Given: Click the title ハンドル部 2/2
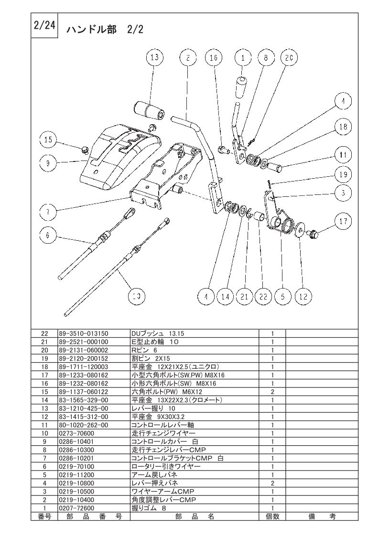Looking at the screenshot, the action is (x=105, y=30).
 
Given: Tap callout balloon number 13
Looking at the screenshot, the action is (x=154, y=57).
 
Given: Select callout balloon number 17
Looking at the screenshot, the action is (x=343, y=221).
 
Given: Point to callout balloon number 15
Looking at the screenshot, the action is (x=48, y=139).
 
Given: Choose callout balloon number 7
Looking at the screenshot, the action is (x=48, y=212).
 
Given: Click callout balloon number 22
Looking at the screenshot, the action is (x=263, y=296).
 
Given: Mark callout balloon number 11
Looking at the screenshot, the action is (x=343, y=155).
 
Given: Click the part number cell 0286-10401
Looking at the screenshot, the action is (x=76, y=442).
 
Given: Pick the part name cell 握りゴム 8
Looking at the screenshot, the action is (x=149, y=508).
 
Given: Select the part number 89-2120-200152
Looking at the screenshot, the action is (x=84, y=359).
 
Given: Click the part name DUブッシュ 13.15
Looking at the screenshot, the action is (x=158, y=333).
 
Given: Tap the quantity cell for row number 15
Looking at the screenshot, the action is (x=272, y=392).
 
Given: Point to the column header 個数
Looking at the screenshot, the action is (x=272, y=516).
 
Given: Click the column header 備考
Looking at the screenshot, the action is (x=322, y=516).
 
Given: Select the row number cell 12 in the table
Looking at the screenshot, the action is (x=44, y=417).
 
